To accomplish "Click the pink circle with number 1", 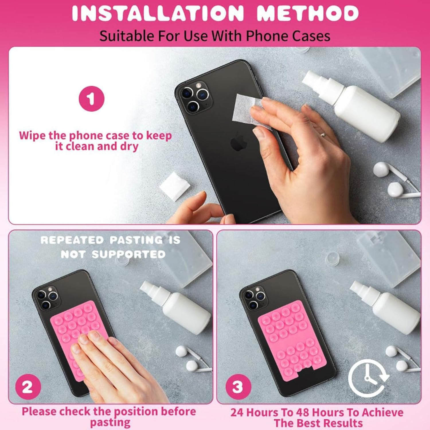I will tap(91, 99).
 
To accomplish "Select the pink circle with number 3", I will tap(238, 387).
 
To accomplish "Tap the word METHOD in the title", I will tap(308, 13).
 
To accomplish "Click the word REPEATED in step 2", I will tap(72, 240).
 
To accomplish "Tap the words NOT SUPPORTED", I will tap(113, 254).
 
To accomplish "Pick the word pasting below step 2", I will tap(110, 422).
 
